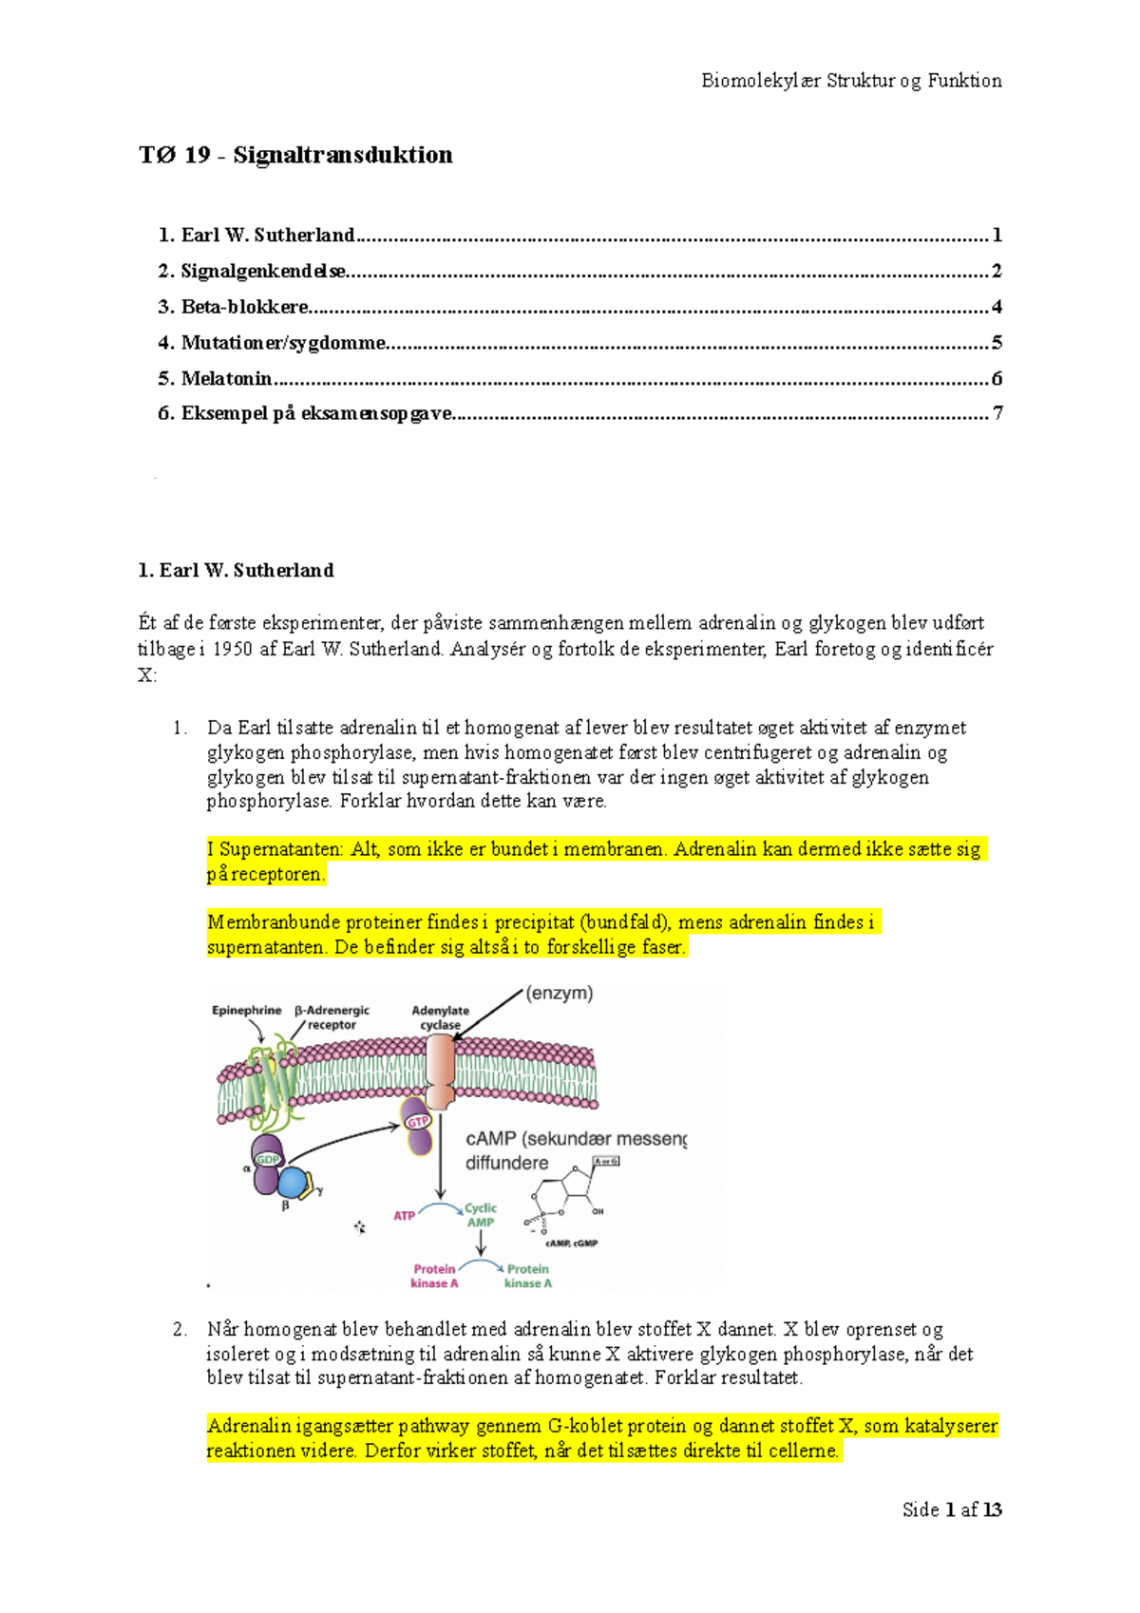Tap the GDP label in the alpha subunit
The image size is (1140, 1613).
pos(268,1159)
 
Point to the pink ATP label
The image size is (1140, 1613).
pos(404,1216)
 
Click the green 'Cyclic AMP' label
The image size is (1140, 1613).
pos(481,1215)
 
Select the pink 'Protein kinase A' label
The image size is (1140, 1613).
pos(434,1276)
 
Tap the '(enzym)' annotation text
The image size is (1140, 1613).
pos(560,994)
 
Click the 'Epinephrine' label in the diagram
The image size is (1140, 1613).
pos(246,1011)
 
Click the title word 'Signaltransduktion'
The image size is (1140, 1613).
pos(342,155)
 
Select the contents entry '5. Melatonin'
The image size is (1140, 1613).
pos(216,378)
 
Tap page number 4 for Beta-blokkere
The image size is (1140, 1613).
pos(997,307)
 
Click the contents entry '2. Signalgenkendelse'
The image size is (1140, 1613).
pos(253,271)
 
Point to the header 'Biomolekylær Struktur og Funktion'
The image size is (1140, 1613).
pos(851,81)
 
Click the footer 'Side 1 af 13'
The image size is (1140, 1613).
pos(952,1509)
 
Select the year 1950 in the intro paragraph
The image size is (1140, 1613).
pos(233,650)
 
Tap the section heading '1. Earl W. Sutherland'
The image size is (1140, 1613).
pos(236,570)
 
